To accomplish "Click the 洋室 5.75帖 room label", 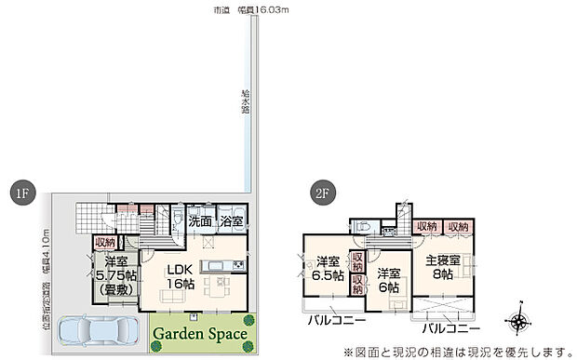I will pos(117,275).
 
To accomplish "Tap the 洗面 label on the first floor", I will pos(200,221).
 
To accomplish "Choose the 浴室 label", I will pos(232,221).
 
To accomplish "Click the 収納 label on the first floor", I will pos(104,243).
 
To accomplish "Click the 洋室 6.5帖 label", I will pos(328,268).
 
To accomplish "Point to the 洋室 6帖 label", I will pos(389,281).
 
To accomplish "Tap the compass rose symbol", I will pos(518,324).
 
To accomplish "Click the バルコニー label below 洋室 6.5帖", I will pos(338,321).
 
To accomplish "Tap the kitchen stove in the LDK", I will pos(237,268).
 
